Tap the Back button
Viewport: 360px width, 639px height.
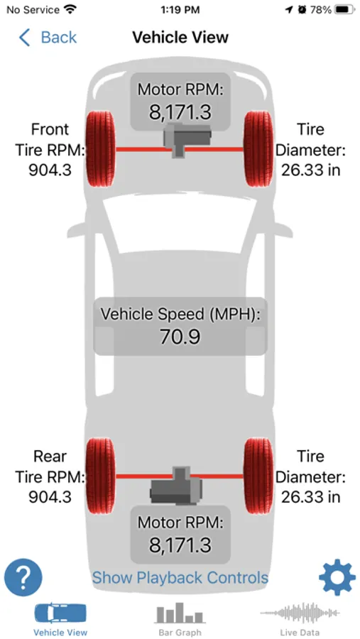[x=48, y=38]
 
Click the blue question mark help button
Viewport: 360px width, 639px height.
[x=23, y=577]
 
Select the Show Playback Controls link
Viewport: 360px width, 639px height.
[x=180, y=577]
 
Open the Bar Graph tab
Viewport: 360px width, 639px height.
[x=180, y=619]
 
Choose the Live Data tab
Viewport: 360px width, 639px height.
[x=300, y=619]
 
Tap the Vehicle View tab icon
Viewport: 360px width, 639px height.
[x=60, y=614]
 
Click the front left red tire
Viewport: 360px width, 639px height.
[x=100, y=149]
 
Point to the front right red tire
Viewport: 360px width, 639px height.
[x=258, y=149]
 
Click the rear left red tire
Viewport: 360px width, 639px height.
[x=100, y=476]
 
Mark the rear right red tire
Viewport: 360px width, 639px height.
[x=258, y=476]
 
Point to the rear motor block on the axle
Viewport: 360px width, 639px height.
[x=176, y=486]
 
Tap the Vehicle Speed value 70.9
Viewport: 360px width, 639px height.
[x=180, y=337]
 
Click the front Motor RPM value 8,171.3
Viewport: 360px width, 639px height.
[x=180, y=112]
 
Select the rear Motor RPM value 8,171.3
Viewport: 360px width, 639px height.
[x=180, y=545]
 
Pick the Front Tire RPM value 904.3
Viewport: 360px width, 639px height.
[x=50, y=170]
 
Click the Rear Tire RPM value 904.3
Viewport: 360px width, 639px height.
[x=50, y=497]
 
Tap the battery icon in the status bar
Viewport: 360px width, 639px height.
[x=345, y=10]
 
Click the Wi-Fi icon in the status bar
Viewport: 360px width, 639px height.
[x=70, y=10]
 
